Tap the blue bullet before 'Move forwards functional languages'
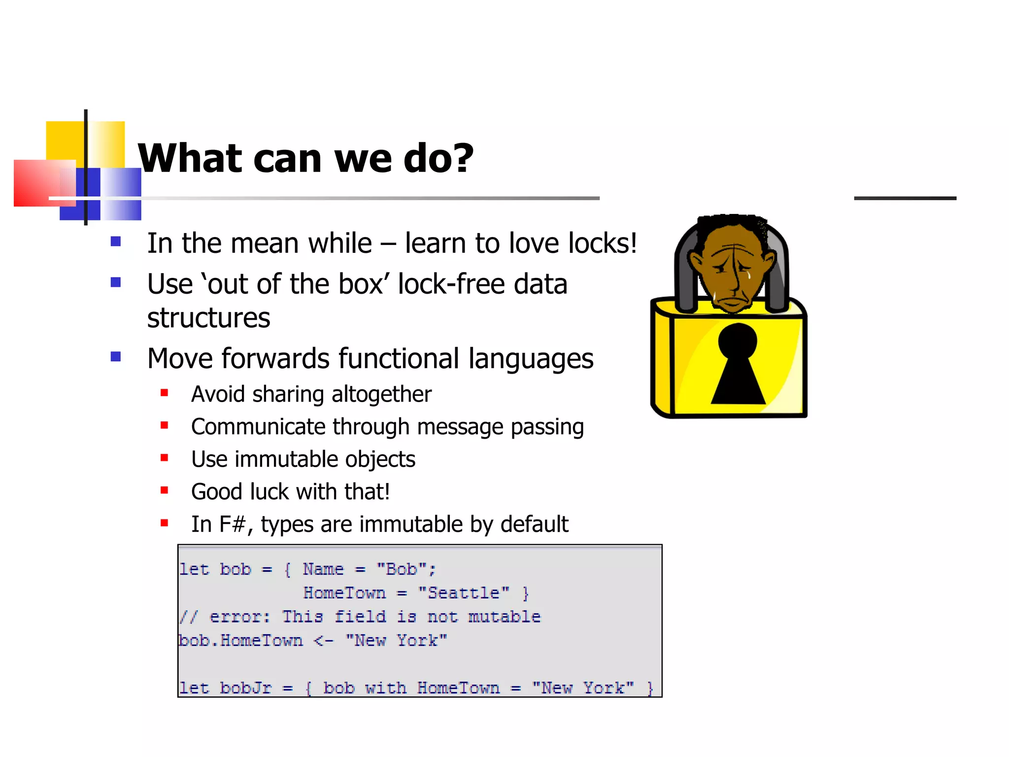click(116, 357)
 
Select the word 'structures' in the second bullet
click(208, 318)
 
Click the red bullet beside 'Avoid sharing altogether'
click(165, 393)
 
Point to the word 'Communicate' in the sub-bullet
click(258, 427)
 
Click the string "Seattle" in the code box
click(463, 593)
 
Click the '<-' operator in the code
click(324, 641)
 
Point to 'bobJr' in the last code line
click(245, 688)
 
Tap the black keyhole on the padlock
click(738, 365)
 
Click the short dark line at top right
click(905, 198)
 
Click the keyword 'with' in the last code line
click(386, 688)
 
